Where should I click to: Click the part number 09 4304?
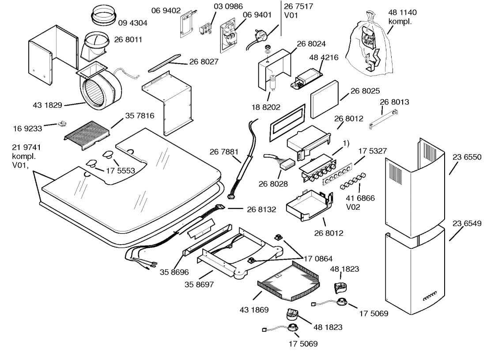[132, 23]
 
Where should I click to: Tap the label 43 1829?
[47, 105]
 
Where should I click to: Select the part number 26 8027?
[204, 62]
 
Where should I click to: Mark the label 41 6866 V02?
[360, 202]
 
